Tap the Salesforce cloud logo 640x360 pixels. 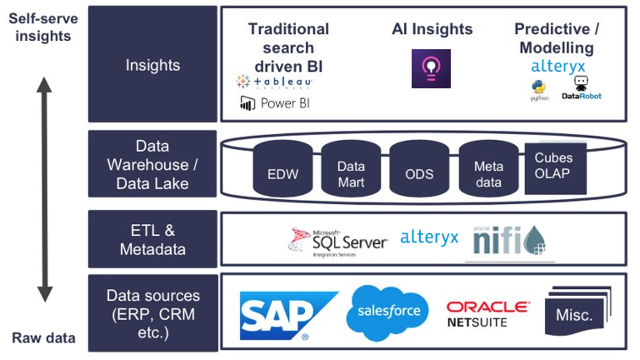388,312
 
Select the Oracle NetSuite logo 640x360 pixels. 487,314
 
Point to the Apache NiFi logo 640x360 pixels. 509,240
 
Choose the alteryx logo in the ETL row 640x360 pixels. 429,237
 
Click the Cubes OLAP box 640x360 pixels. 555,167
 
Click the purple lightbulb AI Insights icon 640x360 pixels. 431,69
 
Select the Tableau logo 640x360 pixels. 274,82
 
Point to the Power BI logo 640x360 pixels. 275,103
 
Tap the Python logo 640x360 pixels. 539,90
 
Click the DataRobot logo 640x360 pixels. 581,88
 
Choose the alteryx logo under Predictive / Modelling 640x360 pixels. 557,66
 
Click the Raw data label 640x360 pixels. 44,338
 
